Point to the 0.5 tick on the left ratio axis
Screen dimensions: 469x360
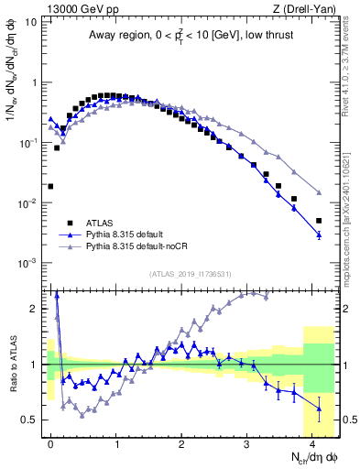30,420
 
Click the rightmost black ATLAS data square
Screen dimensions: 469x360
319,221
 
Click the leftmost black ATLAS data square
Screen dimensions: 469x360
50,186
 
